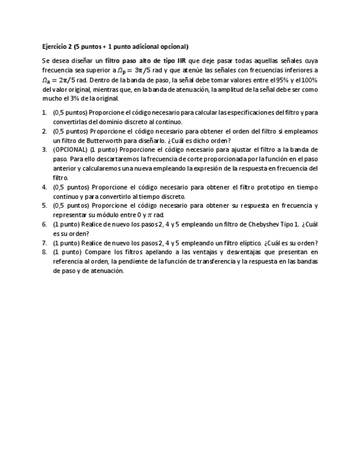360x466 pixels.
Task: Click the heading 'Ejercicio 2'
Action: point(57,47)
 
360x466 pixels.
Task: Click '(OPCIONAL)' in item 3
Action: point(70,149)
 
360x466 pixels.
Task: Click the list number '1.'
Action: point(45,113)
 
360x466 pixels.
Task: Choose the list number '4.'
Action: point(45,187)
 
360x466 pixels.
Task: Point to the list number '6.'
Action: point(45,224)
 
